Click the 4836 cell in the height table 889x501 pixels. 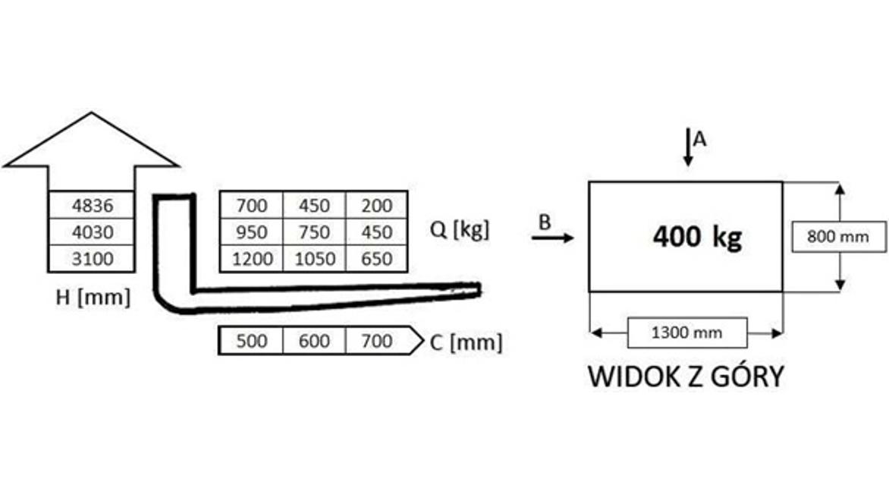point(93,206)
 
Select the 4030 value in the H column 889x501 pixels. point(93,232)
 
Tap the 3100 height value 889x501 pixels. point(93,259)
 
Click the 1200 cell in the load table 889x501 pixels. point(252,260)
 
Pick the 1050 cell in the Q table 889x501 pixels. point(314,260)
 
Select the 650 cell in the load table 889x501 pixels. point(376,260)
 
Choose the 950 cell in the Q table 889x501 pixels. point(252,232)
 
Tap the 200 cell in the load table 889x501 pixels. point(376,206)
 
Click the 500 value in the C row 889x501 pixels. point(252,341)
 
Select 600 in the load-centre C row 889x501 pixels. point(314,341)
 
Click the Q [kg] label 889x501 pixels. point(459,230)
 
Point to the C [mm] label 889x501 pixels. point(466,342)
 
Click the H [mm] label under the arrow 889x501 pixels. point(93,298)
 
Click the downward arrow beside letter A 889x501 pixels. point(688,147)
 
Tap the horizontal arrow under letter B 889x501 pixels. point(553,238)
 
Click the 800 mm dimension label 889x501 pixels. point(838,237)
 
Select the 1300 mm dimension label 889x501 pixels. point(686,332)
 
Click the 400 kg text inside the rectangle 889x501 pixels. point(697,236)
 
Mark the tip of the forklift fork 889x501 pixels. point(480,290)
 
